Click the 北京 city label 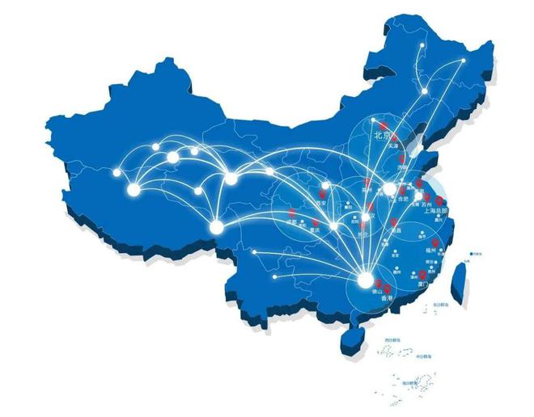(x=382, y=137)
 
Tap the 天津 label (x=394, y=146)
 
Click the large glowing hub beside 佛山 (x=365, y=280)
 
